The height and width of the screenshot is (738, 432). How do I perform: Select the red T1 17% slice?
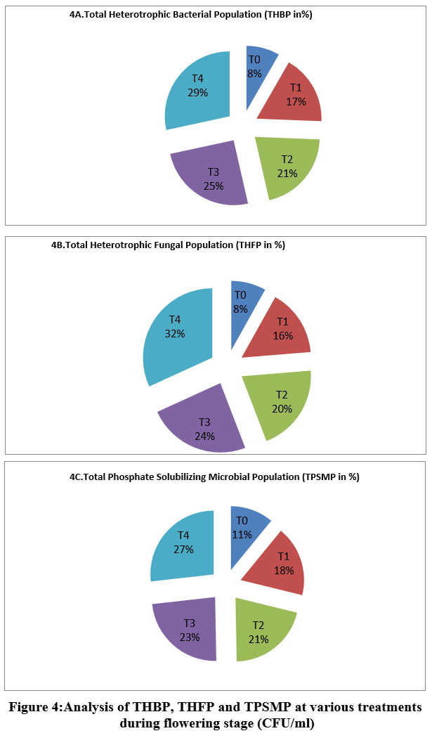[292, 98]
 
